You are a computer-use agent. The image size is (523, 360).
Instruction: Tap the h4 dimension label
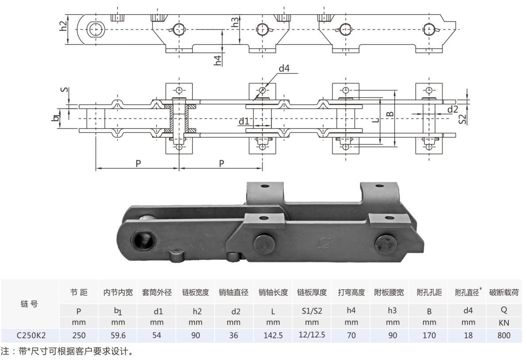[218, 60]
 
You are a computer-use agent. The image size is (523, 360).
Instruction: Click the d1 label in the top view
[244, 120]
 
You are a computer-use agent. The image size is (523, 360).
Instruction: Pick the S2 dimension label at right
[462, 118]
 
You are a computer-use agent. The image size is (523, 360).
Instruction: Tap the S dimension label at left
[65, 90]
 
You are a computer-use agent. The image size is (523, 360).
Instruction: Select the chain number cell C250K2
[31, 335]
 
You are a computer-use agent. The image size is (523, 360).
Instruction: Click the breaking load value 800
[504, 335]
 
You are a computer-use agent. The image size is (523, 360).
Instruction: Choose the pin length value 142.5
[273, 335]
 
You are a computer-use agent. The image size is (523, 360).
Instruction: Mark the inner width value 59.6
[118, 335]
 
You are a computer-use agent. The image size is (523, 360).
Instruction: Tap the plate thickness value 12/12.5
[312, 334]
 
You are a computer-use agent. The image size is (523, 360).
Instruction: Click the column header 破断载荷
[504, 292]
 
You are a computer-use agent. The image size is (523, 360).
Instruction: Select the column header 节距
[79, 292]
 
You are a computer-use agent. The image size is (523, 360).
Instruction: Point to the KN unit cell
[504, 322]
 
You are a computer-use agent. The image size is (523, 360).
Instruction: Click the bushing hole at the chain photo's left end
[144, 241]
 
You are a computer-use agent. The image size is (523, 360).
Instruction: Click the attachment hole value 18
[468, 335]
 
